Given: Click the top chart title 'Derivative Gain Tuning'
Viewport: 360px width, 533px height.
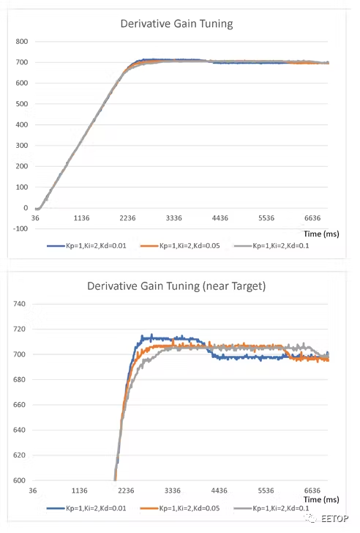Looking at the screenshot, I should (x=176, y=23).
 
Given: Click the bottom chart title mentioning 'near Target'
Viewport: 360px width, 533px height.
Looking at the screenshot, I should (x=176, y=286).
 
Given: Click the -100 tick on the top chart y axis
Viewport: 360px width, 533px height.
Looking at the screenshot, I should (x=18, y=228).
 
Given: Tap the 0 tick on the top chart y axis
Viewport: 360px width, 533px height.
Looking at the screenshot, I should (x=25, y=208).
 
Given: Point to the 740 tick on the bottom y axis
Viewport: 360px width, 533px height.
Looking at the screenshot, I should (x=20, y=304).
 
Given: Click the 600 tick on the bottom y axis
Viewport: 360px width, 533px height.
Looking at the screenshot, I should (x=20, y=480).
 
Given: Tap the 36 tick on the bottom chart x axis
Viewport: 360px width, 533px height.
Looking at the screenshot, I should (x=34, y=491).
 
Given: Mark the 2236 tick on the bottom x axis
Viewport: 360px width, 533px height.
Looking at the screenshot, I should (x=127, y=491).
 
